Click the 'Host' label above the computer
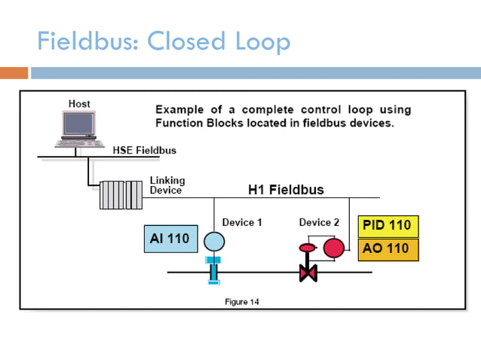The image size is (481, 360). [79, 103]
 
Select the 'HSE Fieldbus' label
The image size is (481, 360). [144, 150]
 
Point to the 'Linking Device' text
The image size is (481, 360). [167, 185]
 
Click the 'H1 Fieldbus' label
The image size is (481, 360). [286, 189]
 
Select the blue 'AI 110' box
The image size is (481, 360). [169, 239]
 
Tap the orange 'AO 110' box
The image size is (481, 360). [388, 249]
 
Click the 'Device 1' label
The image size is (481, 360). [242, 222]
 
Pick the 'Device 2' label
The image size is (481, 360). [319, 222]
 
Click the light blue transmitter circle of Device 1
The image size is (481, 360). [214, 242]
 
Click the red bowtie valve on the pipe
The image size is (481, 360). [308, 272]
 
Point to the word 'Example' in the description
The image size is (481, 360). [178, 110]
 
